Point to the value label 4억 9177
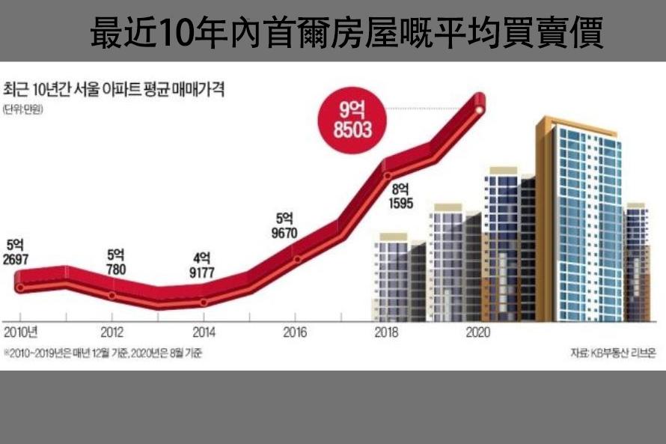pos(204,267)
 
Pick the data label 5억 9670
pos(286,225)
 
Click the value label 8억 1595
pos(401,195)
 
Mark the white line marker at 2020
pos(479,110)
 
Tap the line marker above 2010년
pos(20,288)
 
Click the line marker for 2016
pos(297,260)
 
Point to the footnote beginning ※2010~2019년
pos(103,352)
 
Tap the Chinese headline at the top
pos(346,34)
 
